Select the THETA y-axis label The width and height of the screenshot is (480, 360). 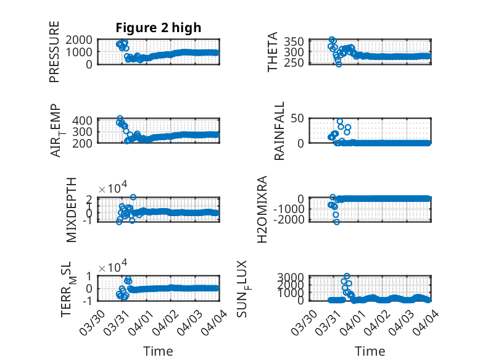pyautogui.click(x=273, y=52)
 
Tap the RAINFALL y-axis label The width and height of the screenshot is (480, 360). pyautogui.click(x=279, y=132)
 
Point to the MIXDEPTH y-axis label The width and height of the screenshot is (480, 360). pyautogui.click(x=71, y=211)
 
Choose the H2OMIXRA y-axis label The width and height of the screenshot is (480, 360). pyautogui.click(x=262, y=211)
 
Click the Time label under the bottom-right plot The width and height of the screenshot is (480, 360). pyautogui.click(x=370, y=351)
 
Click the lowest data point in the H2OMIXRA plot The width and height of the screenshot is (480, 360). pyautogui.click(x=337, y=222)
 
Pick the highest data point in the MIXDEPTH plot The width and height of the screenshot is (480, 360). pyautogui.click(x=133, y=197)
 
